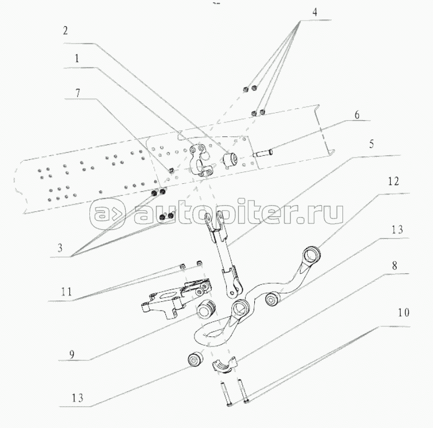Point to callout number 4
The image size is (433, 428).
pos(301,11)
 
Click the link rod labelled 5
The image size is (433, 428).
pos(222,251)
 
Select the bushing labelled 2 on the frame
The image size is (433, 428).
pos(230,160)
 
